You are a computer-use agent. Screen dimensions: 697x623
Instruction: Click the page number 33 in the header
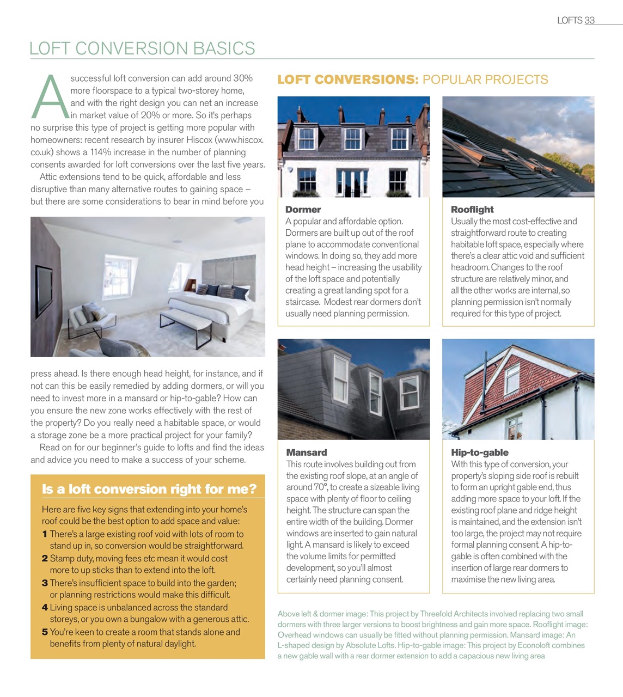(589, 21)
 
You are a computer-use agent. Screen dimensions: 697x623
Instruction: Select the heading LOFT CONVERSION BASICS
(142, 48)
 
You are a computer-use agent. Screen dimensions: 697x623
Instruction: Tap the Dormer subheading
(303, 210)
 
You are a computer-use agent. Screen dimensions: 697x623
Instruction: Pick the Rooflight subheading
(472, 210)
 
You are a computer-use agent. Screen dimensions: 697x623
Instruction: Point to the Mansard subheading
(307, 453)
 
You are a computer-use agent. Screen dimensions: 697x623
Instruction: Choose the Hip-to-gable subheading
(479, 453)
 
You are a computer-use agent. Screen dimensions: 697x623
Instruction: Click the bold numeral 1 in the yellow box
(45, 534)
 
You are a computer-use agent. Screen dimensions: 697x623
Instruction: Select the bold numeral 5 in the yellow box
(45, 632)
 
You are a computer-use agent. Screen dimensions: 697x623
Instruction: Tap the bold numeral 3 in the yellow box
(45, 583)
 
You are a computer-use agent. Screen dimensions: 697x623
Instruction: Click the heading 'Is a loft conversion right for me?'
(149, 489)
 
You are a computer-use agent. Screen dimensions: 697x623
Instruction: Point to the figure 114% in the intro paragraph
(101, 152)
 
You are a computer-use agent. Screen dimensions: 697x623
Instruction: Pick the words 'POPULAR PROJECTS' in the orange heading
(485, 80)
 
